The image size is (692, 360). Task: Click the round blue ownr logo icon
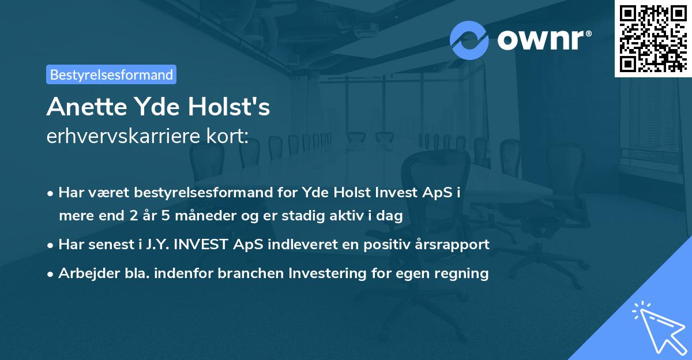tap(469, 39)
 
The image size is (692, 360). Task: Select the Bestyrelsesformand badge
tap(111, 74)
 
